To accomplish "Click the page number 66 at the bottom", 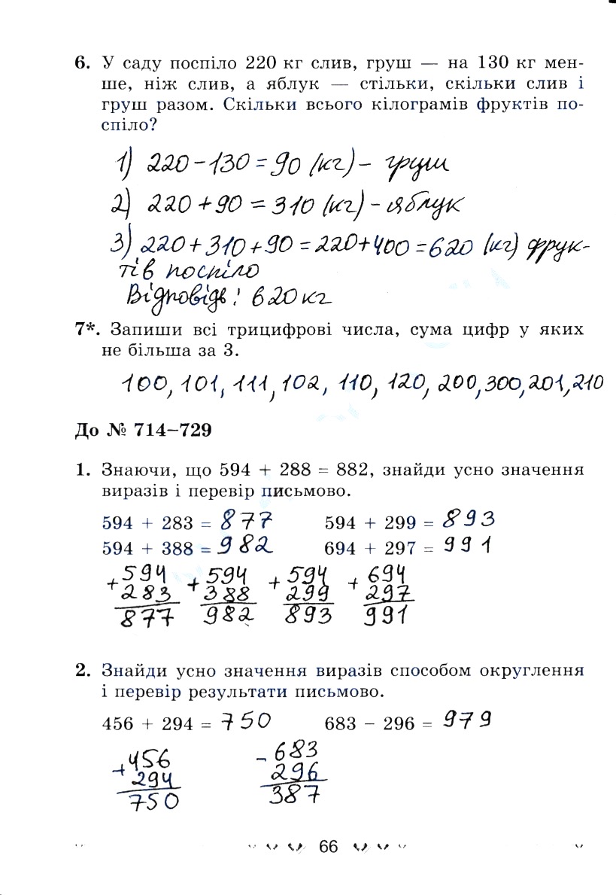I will coord(329,846).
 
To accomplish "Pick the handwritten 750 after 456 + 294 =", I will coord(250,722).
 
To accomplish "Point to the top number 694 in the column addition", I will coord(388,571).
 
